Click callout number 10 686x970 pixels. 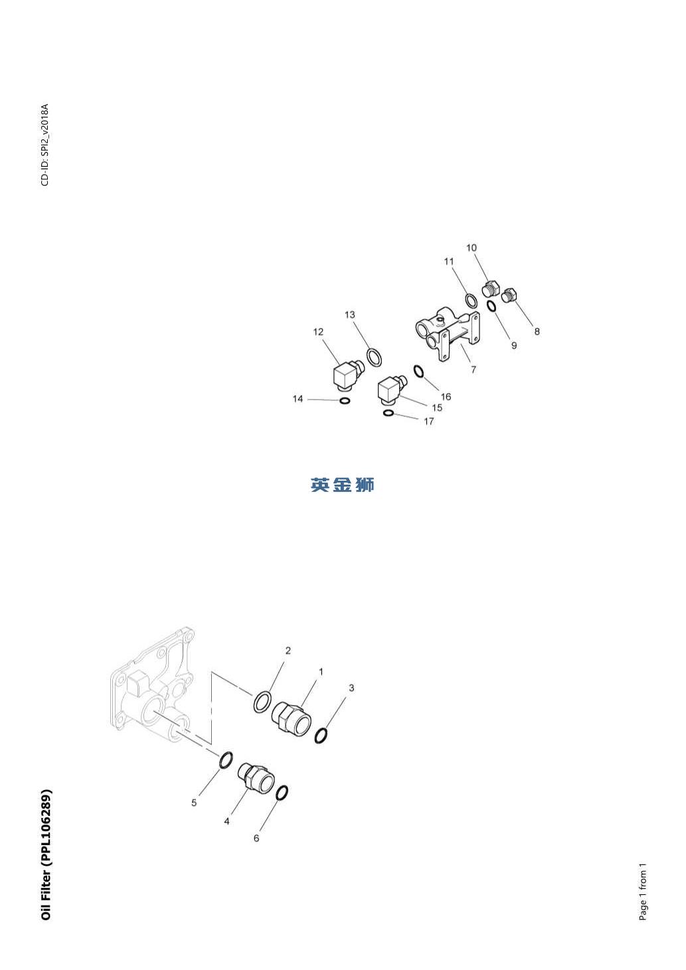[x=472, y=248]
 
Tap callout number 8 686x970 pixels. [x=537, y=332]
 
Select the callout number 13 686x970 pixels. [x=350, y=315]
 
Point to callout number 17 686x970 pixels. [x=429, y=422]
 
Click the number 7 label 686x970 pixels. [x=473, y=369]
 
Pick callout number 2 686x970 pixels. [x=288, y=651]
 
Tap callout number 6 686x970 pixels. [x=256, y=839]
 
